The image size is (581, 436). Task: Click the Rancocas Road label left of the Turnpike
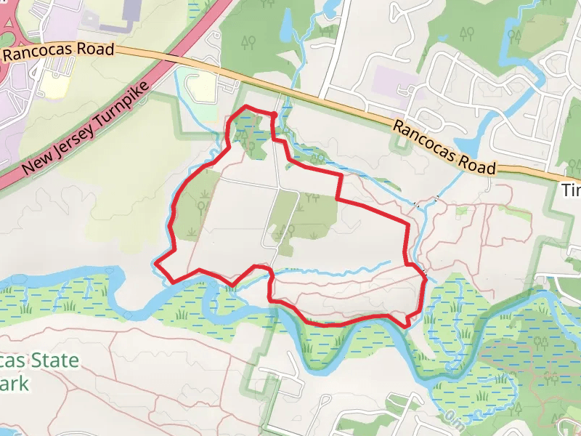58,52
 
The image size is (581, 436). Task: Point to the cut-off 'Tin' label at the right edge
572,190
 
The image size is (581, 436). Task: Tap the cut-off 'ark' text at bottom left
15,383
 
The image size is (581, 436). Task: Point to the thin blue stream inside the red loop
341,269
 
